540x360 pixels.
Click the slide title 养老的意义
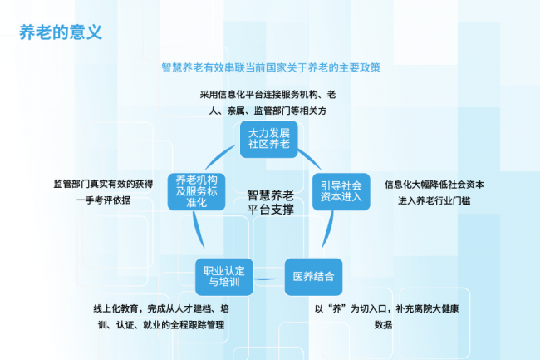click(61, 32)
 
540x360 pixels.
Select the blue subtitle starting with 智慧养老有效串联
click(271, 67)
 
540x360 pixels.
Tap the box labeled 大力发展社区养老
click(269, 139)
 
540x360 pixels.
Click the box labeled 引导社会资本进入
click(341, 191)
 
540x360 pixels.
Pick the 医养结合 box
click(313, 277)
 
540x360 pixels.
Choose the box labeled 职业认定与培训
click(224, 277)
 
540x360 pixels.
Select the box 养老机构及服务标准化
click(197, 191)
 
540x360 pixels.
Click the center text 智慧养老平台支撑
click(270, 202)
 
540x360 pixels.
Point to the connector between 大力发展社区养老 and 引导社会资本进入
click(310, 158)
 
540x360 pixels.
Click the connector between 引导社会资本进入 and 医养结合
click(329, 230)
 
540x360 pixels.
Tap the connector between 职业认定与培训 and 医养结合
click(265, 279)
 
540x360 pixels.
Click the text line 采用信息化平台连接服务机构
click(268, 95)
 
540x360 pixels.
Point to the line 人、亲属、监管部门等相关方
click(268, 111)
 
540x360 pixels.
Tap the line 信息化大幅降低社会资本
click(434, 185)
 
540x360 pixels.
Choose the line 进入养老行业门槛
click(434, 200)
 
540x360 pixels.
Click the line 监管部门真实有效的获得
click(103, 184)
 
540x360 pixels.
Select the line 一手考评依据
click(103, 200)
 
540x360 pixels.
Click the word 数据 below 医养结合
click(383, 324)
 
